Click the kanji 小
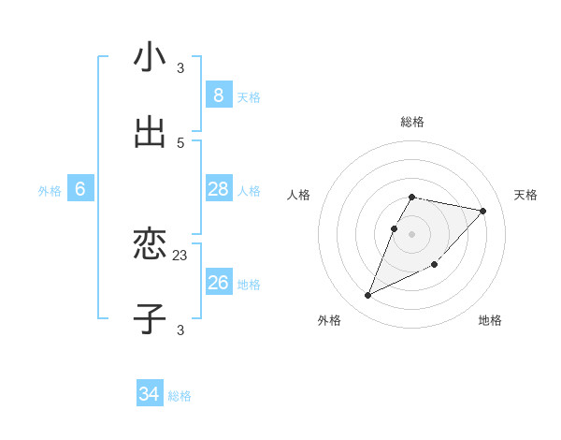150,58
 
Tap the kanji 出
150,133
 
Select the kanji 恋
150,245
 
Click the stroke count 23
180,255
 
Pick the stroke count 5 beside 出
180,142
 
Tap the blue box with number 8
218,95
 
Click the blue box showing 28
218,189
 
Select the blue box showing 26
218,283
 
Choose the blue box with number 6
80,189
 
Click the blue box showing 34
149,395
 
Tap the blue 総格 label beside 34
180,396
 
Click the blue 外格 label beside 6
50,191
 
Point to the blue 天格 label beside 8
249,97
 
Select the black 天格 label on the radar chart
525,195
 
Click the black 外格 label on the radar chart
329,320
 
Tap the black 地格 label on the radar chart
490,320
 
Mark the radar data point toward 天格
482,211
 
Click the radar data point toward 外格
367,296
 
